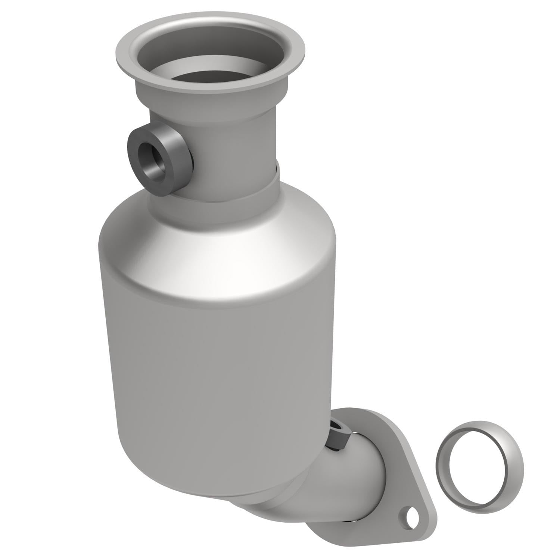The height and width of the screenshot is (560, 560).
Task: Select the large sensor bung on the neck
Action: [x=159, y=159]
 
